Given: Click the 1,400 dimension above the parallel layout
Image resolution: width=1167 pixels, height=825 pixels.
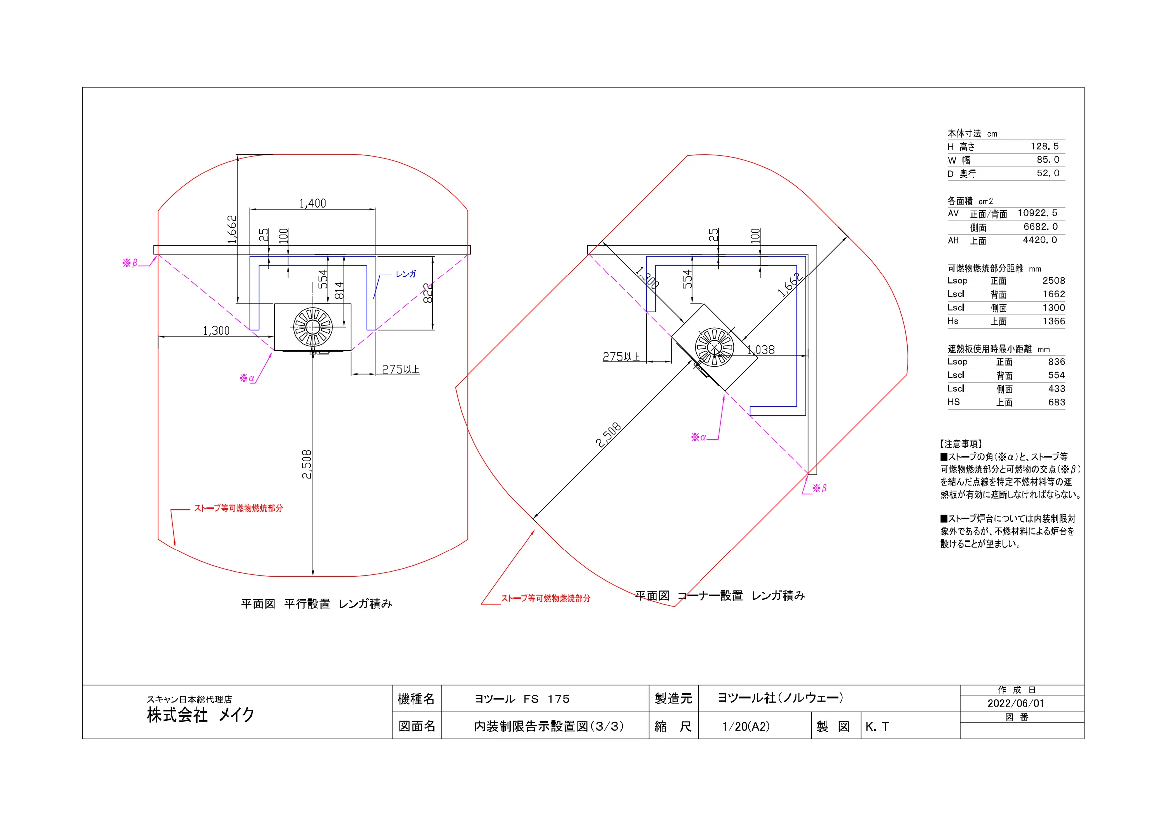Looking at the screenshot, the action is [x=313, y=203].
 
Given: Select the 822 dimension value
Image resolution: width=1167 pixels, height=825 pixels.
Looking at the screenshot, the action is [x=428, y=294].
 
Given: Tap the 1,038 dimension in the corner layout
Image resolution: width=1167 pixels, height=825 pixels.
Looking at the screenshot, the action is [x=761, y=350].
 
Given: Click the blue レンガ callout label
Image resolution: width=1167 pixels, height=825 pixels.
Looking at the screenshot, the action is [x=406, y=274].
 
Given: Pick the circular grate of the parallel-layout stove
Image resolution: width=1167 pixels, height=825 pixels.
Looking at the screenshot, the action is [x=313, y=327].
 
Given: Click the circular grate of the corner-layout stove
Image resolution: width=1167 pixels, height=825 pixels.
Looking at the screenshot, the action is [x=714, y=347].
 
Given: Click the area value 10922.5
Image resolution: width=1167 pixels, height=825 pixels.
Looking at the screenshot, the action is [x=1037, y=213].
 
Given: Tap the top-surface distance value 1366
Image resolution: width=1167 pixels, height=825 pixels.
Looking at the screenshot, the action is [x=1054, y=321].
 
